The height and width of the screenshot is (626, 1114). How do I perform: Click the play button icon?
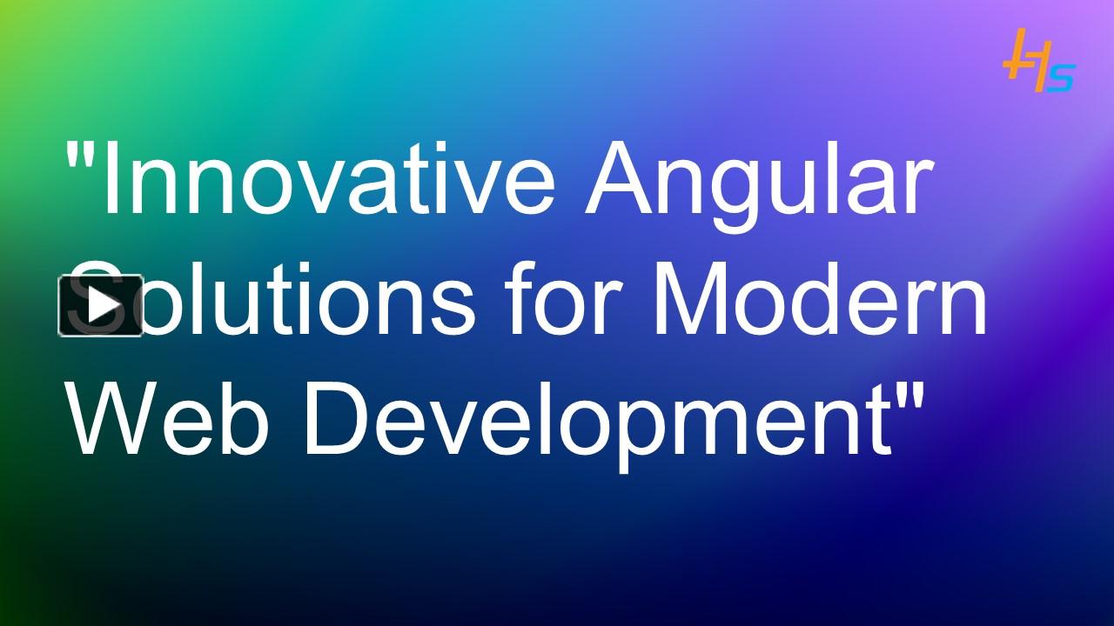click(x=101, y=305)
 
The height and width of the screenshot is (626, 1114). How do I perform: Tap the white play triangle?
click(x=104, y=305)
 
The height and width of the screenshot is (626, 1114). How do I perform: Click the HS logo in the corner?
click(x=1039, y=62)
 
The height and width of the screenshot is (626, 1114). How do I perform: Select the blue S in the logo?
click(x=1061, y=77)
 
